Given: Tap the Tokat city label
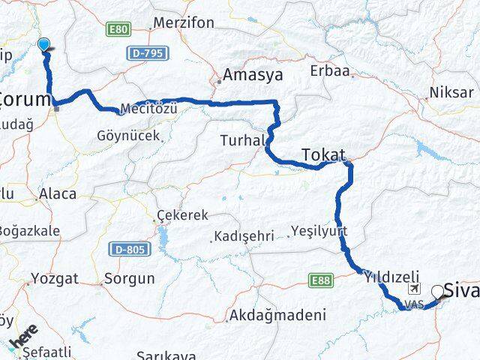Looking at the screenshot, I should coord(323,154).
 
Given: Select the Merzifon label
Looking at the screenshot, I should coord(184,23).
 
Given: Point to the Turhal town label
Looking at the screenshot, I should coord(243,140).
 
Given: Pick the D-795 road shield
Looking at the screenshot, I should coord(148,53).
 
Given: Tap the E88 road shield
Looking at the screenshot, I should coord(319,280).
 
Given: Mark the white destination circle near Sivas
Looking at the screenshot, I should coord(437,290).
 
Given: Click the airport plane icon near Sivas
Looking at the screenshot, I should coord(413,289).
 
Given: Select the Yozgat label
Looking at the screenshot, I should coord(54,278).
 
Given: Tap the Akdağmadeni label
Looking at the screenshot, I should coord(278,316).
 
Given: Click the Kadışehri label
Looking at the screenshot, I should coord(244,236).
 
